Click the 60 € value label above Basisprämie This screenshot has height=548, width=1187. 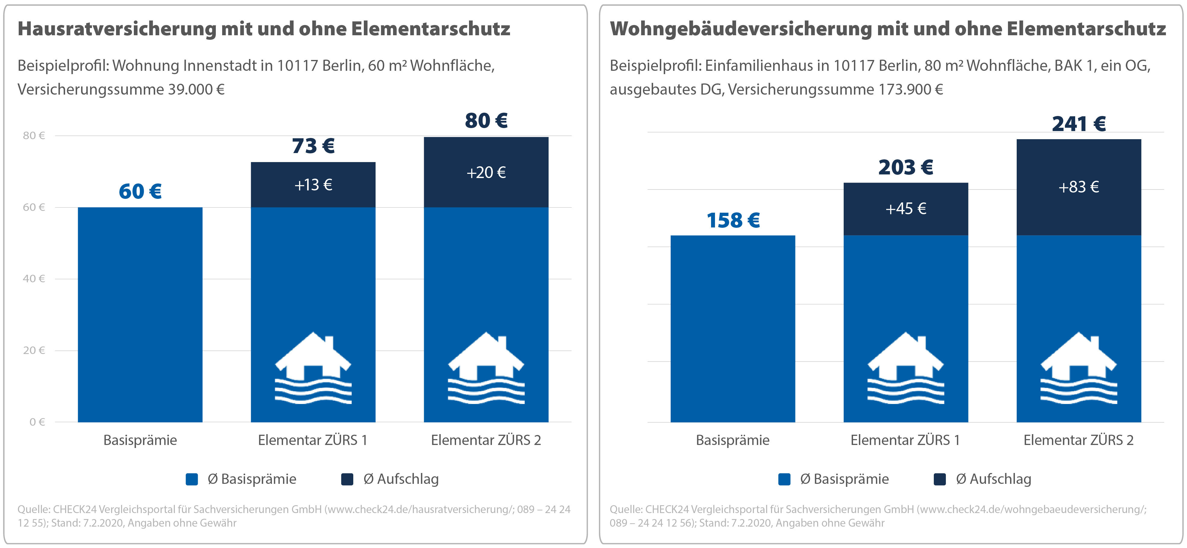coord(140,192)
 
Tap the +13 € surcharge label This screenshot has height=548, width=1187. coord(313,185)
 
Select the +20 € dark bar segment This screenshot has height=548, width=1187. coord(486,172)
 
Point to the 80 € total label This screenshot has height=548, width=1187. coord(486,121)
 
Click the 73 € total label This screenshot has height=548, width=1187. coord(313,146)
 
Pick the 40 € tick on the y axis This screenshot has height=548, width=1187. coord(34,279)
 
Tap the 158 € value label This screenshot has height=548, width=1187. coord(733,220)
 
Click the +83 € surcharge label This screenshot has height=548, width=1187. coord(1079,187)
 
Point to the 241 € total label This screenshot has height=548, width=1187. coord(1079,124)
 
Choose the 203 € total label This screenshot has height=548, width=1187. coord(905,167)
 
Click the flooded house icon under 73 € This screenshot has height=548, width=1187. coord(313,368)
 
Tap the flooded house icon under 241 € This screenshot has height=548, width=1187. coord(1079,368)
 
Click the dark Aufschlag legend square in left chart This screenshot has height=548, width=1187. coord(347,479)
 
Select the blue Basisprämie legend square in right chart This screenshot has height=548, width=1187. coord(784,479)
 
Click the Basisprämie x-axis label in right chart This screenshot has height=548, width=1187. coord(733,440)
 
